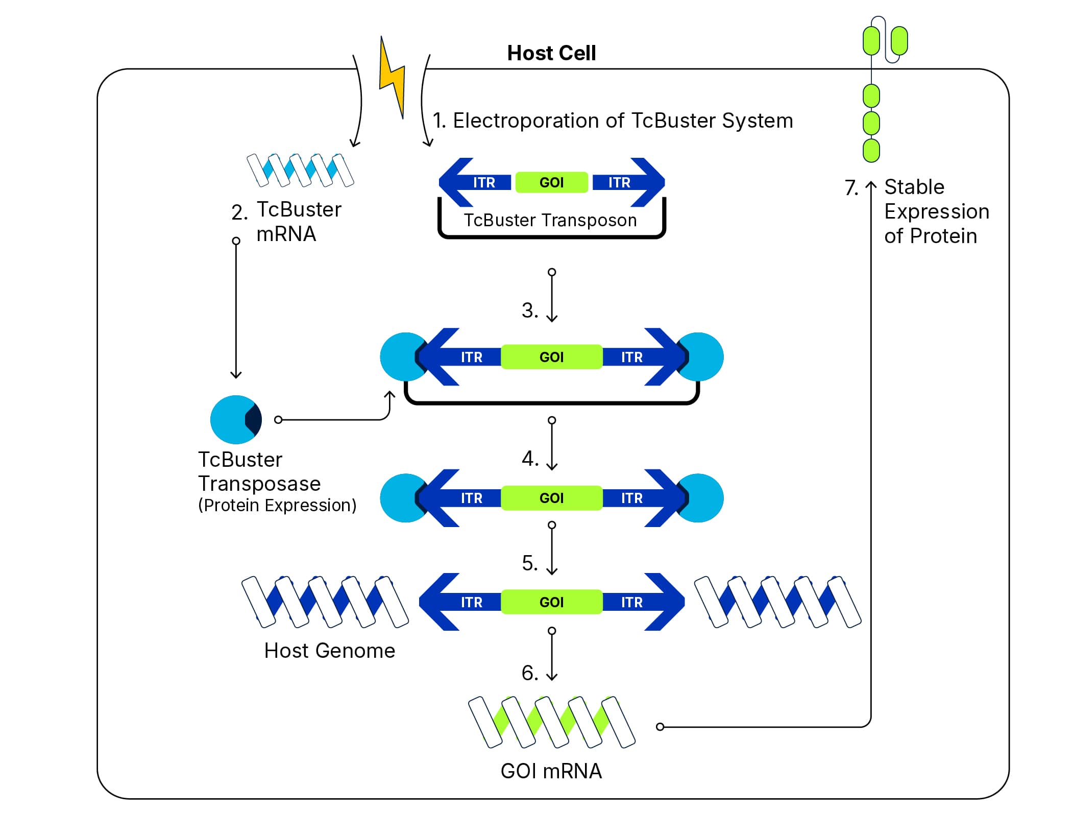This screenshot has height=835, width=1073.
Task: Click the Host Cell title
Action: [551, 53]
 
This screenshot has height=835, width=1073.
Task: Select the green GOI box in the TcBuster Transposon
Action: [551, 182]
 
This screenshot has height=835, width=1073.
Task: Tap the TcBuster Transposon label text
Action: [550, 220]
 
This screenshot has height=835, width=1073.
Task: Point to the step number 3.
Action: [529, 311]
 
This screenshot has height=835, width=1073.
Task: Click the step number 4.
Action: [529, 459]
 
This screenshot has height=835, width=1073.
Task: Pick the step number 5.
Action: [529, 563]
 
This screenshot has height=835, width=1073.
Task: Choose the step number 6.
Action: [529, 673]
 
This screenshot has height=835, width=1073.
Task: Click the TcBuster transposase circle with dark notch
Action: [236, 419]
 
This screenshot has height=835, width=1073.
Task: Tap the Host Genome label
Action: [329, 651]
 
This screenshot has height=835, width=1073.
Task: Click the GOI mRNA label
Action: [551, 771]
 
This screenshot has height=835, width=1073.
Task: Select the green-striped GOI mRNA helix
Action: [551, 722]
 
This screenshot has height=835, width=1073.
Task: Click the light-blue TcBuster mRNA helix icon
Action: [300, 170]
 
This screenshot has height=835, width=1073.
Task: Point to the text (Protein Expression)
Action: [277, 505]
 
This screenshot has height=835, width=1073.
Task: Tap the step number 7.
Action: [851, 188]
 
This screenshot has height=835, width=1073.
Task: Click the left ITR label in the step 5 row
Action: [471, 602]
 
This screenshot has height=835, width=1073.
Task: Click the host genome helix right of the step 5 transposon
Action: [777, 602]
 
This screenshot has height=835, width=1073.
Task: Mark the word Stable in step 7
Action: [914, 187]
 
